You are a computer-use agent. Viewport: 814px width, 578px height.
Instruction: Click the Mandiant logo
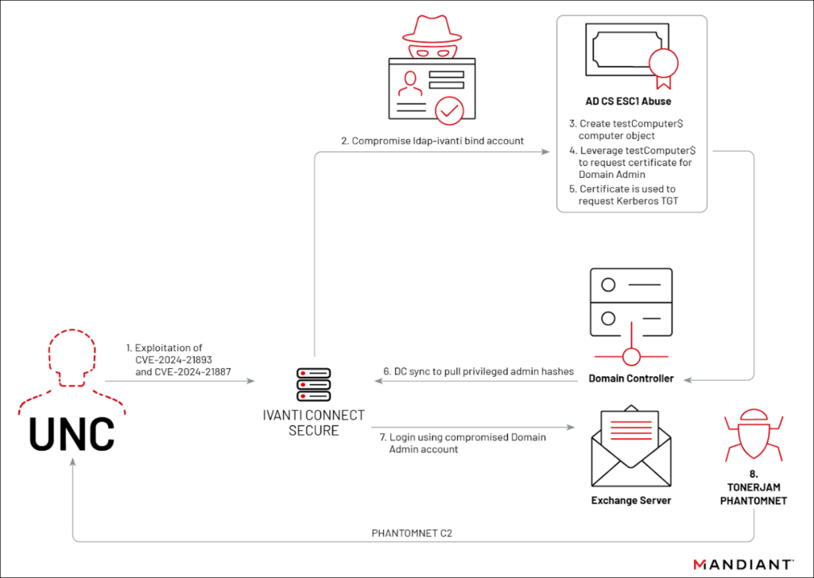(743, 564)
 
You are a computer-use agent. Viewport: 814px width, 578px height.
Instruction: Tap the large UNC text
(72, 433)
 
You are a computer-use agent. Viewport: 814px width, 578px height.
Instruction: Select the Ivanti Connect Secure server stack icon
(313, 384)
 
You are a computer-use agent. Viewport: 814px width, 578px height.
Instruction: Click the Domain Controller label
(630, 378)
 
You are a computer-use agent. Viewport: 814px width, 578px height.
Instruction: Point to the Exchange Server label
(630, 501)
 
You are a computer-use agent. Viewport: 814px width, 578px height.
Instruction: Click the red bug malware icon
(754, 435)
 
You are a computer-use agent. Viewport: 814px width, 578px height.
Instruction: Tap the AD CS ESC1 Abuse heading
(628, 101)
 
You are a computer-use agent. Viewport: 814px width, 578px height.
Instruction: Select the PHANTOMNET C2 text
(412, 533)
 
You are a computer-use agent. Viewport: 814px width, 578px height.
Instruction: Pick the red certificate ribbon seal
(664, 68)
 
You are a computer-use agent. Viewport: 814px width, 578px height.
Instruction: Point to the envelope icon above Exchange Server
(630, 445)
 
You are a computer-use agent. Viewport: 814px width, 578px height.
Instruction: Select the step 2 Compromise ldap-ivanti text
(432, 141)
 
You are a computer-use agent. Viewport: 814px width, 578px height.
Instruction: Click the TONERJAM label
(754, 487)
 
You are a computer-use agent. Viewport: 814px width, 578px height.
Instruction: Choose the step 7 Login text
(463, 443)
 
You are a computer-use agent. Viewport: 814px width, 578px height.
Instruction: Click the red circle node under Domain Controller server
(631, 357)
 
